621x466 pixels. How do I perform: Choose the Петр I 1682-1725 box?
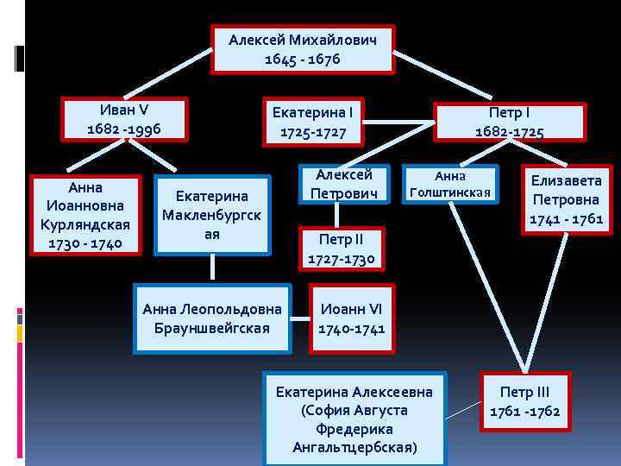[x=509, y=122]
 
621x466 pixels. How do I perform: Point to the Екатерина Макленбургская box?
[x=211, y=215]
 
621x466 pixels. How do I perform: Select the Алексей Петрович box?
[x=342, y=185]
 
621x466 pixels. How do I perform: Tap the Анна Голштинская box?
[x=449, y=183]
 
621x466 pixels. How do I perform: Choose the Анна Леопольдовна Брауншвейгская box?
[x=211, y=318]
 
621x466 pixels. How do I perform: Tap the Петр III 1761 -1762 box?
[x=524, y=401]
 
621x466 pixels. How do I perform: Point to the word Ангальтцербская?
[x=354, y=447]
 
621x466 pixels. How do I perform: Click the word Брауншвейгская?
[x=211, y=328]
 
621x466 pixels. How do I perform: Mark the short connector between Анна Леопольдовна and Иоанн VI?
[x=299, y=318]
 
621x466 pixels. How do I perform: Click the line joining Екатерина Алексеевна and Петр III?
[x=463, y=403]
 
